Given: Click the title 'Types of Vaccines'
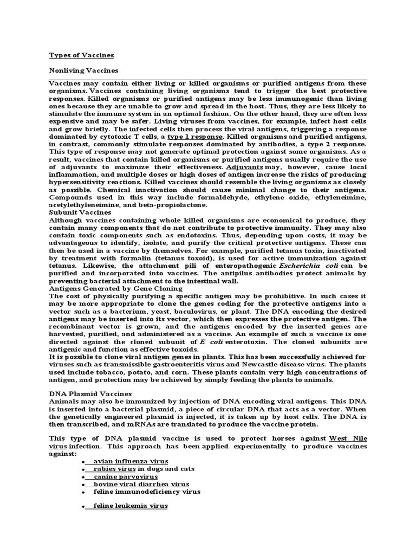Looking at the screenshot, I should [81, 55].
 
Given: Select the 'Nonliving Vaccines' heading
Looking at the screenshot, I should [83, 70].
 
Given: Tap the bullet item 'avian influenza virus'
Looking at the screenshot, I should [131, 461].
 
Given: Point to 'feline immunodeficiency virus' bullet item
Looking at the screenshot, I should [147, 492].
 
